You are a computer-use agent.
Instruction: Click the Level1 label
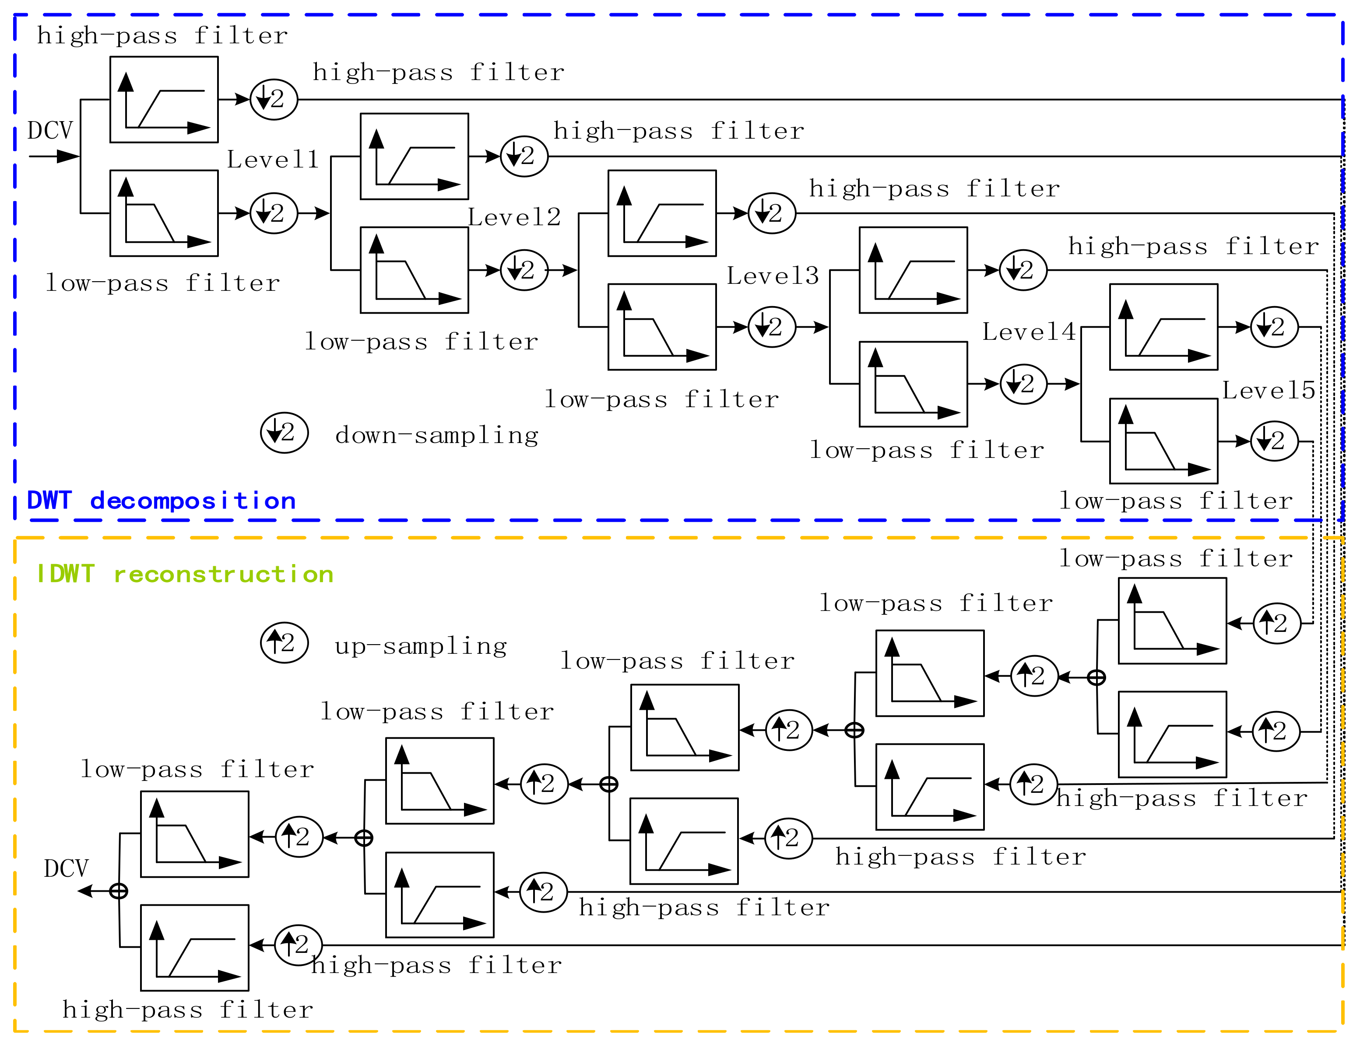[273, 160]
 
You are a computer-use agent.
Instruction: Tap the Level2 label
[514, 217]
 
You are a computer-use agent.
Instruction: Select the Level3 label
[773, 275]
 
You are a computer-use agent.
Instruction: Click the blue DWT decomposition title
[161, 501]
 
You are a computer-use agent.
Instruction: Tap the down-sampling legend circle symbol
[285, 432]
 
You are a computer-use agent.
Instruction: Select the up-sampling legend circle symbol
[285, 643]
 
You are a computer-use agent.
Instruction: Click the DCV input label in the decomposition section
[50, 131]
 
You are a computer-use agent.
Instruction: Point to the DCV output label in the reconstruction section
[66, 868]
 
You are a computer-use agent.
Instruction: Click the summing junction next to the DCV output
[118, 891]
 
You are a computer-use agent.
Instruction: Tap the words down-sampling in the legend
[436, 435]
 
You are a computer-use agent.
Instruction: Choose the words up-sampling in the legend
[421, 646]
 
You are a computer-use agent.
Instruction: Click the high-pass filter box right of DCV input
[164, 100]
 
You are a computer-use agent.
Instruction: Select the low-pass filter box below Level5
[1163, 440]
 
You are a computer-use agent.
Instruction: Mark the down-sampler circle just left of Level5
[1274, 327]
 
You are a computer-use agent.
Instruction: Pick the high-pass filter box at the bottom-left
[194, 947]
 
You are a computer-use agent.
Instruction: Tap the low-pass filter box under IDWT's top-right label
[1172, 621]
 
